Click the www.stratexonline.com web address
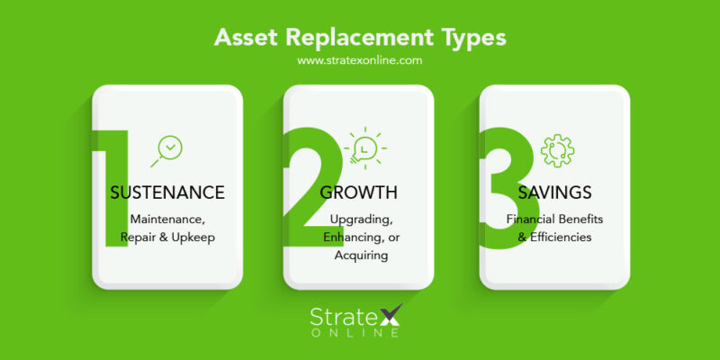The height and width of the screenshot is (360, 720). [360, 61]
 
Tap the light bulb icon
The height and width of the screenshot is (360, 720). [364, 147]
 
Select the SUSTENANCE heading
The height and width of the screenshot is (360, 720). [166, 193]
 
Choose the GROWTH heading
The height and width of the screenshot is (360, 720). [359, 193]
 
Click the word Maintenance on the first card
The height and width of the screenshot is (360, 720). [166, 219]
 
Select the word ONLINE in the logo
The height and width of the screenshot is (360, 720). [360, 334]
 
